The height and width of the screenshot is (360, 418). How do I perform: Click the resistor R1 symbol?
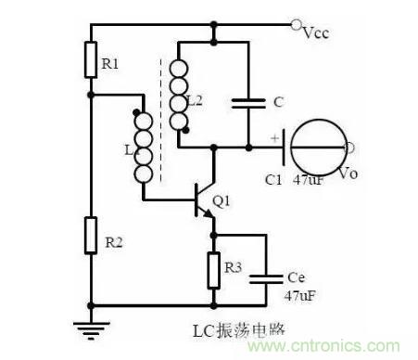91,60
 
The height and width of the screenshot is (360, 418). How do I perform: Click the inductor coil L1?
144,148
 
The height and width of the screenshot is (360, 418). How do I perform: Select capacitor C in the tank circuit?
249,105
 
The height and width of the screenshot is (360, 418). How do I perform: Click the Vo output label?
348,172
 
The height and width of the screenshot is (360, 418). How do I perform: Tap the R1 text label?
110,64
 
